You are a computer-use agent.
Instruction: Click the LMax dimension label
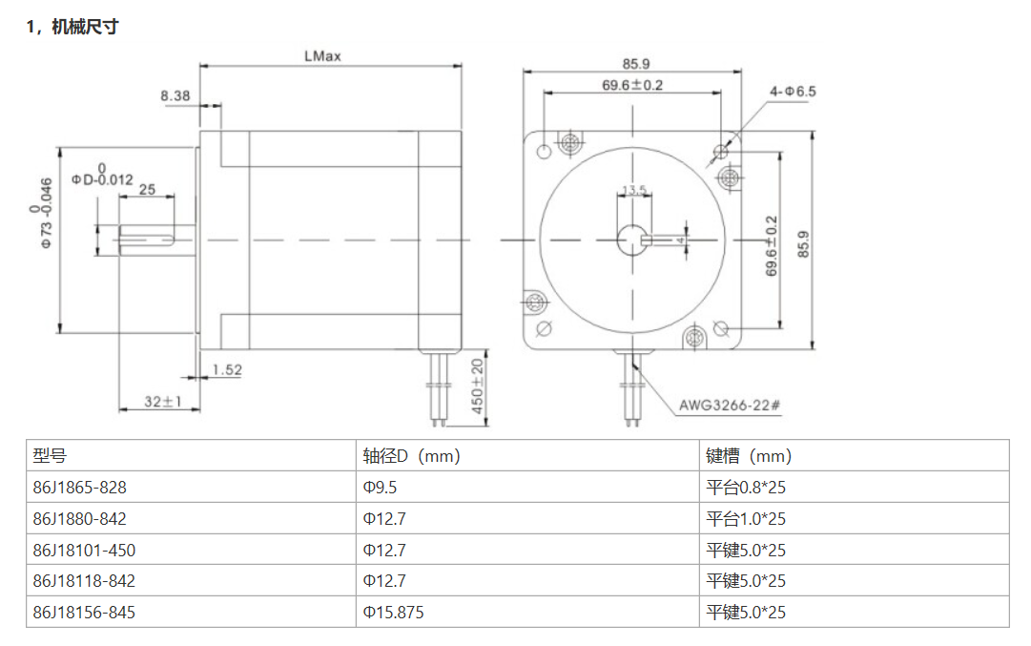(322, 56)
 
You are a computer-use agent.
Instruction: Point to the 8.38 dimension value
(175, 95)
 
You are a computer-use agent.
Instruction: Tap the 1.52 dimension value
(227, 369)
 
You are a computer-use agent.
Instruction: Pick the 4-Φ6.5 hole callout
(793, 92)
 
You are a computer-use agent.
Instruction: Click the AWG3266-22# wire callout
(730, 405)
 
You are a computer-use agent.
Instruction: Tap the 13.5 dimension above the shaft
(633, 190)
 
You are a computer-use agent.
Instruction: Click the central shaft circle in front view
(631, 239)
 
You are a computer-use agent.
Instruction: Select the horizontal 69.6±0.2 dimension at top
(632, 85)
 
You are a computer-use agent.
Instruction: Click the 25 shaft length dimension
(147, 190)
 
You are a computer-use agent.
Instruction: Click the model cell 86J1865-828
(79, 488)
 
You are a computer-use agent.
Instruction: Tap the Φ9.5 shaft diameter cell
(379, 488)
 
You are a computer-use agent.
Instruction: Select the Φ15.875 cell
(393, 612)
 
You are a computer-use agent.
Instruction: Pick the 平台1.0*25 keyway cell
(746, 519)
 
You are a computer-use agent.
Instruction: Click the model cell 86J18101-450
(83, 550)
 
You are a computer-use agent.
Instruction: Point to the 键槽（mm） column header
(749, 456)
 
